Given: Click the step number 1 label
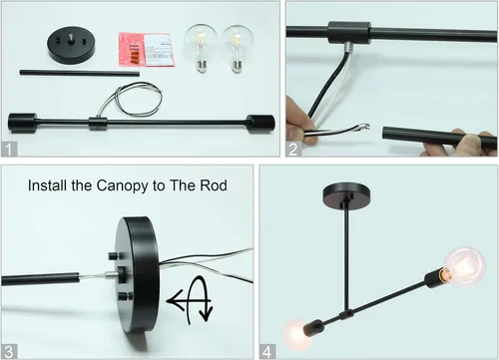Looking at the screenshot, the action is point(9,150).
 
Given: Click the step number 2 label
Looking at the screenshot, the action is point(293,150).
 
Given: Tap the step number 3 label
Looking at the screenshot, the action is point(9,352).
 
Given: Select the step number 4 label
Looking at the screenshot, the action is point(267,352).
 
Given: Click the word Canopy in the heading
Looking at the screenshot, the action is point(123,185).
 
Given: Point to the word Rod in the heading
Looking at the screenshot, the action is point(214,185).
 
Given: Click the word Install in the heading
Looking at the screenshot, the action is point(48,185).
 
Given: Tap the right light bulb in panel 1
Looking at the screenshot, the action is point(238,49).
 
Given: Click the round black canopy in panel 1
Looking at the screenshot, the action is point(71,44).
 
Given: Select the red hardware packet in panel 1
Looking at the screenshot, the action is point(147,49).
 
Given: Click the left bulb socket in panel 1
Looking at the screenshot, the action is point(23,123).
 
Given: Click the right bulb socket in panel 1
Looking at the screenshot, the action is point(260,124).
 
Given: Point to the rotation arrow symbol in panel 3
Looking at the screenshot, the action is point(191,300).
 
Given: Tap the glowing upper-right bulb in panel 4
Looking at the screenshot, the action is point(465,266).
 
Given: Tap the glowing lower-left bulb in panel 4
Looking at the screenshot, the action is point(297,334).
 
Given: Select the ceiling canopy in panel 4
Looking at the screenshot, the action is point(347,195).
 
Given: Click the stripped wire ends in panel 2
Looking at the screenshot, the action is point(364,127).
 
